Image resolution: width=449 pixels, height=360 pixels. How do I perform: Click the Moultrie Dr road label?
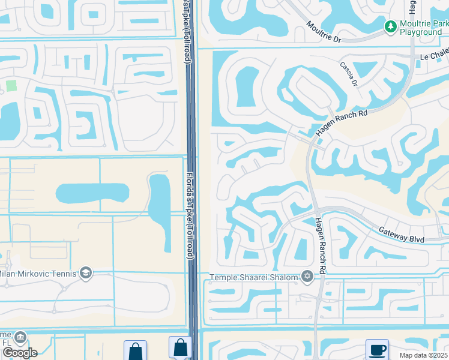pyautogui.click(x=324, y=33)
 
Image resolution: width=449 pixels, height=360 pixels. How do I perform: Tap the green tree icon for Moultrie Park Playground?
pyautogui.click(x=390, y=26)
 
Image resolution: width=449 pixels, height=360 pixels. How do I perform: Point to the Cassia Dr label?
pyautogui.click(x=349, y=74)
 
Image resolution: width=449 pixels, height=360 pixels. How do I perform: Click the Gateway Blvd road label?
pyautogui.click(x=402, y=235)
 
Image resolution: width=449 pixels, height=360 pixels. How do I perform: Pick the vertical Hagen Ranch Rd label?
pyautogui.click(x=321, y=245)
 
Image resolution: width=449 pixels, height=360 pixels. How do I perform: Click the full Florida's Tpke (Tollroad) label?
pyautogui.click(x=189, y=217)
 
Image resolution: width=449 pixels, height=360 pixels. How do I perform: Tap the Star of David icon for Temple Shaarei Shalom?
pyautogui.click(x=307, y=277)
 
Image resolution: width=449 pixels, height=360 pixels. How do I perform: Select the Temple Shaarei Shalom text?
pyautogui.click(x=254, y=277)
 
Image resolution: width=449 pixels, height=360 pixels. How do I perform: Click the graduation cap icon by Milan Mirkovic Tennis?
pyautogui.click(x=86, y=274)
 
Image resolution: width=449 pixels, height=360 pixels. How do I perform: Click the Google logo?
pyautogui.click(x=19, y=352)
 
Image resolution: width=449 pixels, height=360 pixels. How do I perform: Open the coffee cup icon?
pyautogui.click(x=377, y=349)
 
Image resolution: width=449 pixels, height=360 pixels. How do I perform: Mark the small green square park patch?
pyautogui.click(x=11, y=85)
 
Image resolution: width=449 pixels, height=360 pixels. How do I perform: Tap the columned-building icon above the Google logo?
pyautogui.click(x=21, y=338)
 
